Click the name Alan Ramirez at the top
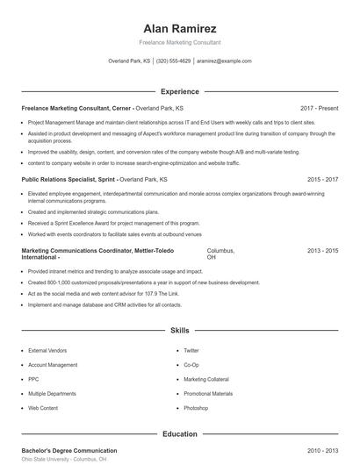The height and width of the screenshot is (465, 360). pos(179,25)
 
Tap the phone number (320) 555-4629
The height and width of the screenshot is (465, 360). pos(173,61)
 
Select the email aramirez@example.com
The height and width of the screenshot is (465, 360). pos(224,61)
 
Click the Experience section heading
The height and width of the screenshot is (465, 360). pos(179,91)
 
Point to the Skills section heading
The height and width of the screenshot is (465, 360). pos(179,331)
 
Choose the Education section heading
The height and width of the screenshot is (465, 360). pos(179,433)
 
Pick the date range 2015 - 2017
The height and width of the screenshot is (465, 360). pos(322,179)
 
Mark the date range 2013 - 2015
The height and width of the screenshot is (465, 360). pos(322,251)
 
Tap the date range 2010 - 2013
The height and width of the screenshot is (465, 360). pos(322,450)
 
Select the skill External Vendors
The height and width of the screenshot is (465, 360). pos(47,350)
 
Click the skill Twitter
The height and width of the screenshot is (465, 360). pos(191,350)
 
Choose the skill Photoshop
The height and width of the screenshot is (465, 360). pos(196,408)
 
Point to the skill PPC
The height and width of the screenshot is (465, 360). pos(34,379)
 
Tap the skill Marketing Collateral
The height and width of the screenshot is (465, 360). pos(207,379)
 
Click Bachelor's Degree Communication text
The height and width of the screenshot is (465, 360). pos(69,450)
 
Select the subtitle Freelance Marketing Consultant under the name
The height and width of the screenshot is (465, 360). pos(179,42)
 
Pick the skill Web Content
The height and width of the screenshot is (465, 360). pos(43,408)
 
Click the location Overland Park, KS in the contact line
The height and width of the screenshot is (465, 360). pos(129,61)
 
